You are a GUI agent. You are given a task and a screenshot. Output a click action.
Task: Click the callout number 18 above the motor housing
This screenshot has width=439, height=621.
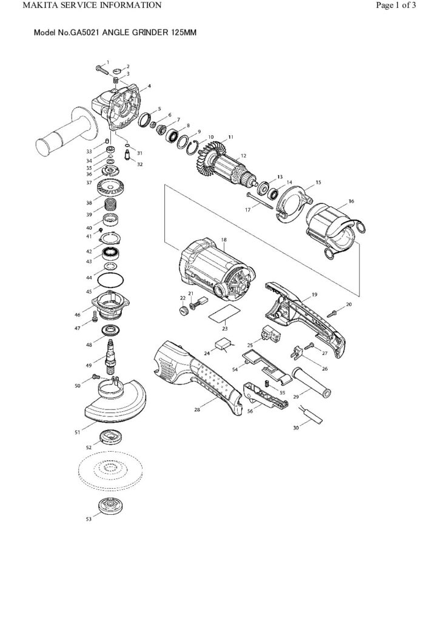point(224,240)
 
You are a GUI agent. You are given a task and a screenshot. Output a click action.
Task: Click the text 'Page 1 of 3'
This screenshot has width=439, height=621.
point(396,5)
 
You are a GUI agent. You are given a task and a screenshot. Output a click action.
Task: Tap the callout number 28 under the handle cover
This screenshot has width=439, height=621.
point(197,410)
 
